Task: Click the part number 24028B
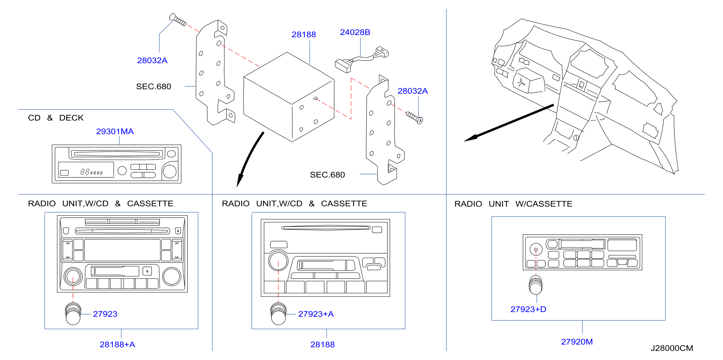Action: (x=355, y=32)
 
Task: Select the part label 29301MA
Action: (x=115, y=131)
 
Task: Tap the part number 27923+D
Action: (x=528, y=309)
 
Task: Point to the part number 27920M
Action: (x=577, y=342)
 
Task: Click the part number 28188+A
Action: (x=117, y=344)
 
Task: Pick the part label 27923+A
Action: (x=316, y=314)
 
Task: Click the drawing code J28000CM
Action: (x=672, y=348)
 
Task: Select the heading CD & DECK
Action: (x=56, y=118)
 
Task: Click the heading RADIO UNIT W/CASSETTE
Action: (x=513, y=204)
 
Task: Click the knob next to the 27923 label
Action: (x=73, y=314)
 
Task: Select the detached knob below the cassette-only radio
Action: (x=536, y=285)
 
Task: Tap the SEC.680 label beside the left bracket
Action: (x=154, y=87)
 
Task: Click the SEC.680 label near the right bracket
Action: (x=327, y=175)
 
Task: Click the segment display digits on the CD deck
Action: (x=91, y=172)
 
